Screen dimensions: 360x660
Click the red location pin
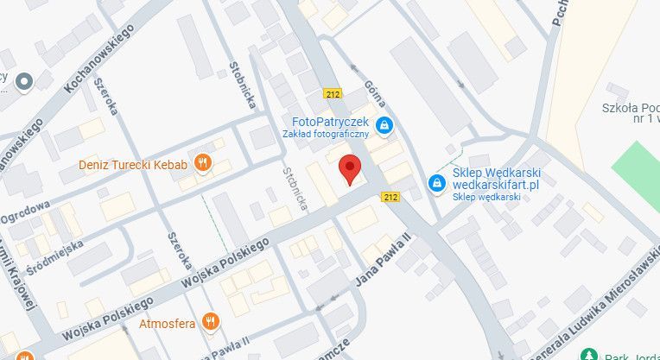(348, 169)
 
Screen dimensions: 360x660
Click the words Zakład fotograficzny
(326, 134)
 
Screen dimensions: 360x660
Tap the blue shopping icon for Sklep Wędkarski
(438, 184)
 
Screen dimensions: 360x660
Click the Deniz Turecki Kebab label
(132, 163)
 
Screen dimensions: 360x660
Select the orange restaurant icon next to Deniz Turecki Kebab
(203, 162)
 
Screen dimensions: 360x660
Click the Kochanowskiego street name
(99, 59)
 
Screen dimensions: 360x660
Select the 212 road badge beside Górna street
(333, 93)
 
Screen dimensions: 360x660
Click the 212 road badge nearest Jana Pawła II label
(390, 198)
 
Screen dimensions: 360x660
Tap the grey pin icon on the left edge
(23, 82)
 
